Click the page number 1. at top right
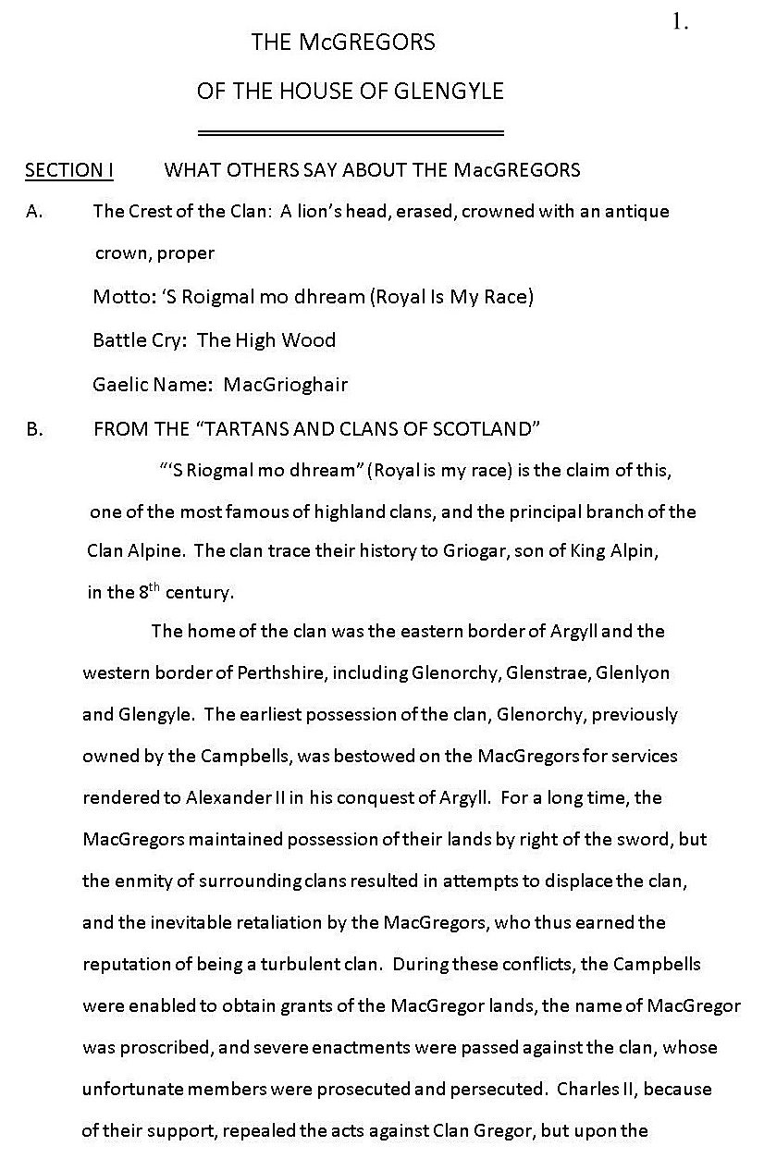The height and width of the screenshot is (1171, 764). coord(680,24)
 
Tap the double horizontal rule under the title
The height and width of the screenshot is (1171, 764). coord(351,132)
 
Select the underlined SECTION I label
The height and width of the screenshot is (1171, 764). coord(69,169)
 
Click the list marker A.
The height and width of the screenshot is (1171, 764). coord(34,211)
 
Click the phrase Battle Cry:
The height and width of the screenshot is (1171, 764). coord(141,339)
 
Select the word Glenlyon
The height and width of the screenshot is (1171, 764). coord(633,672)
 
